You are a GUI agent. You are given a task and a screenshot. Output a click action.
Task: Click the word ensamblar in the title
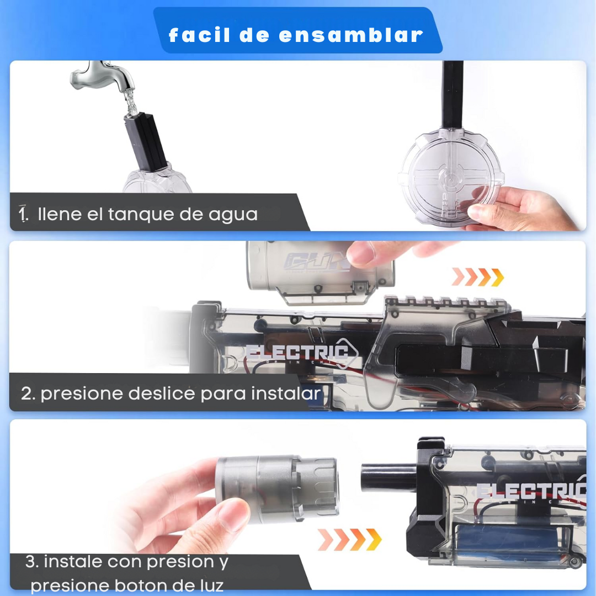pyautogui.click(x=351, y=35)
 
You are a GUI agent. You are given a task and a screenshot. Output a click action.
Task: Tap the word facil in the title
pyautogui.click(x=199, y=35)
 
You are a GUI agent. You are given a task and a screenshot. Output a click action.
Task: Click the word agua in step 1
pyautogui.click(x=233, y=214)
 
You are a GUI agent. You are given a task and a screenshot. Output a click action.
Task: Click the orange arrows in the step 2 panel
pyautogui.click(x=477, y=276)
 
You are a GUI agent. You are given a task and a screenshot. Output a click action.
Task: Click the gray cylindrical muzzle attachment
pyautogui.click(x=276, y=488)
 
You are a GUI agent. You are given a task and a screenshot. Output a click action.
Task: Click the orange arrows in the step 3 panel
pyautogui.click(x=350, y=539)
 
